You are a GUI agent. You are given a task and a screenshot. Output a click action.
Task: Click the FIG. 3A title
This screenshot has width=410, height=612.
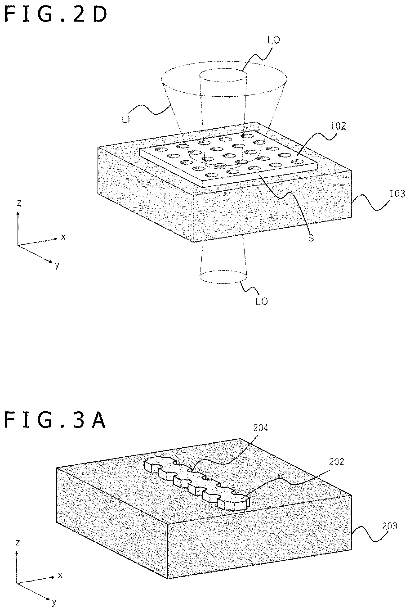coord(55,420)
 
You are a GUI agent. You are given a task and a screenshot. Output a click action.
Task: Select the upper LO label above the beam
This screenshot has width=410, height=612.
coord(274,40)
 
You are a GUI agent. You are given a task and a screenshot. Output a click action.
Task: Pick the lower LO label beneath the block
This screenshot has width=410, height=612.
coord(262,301)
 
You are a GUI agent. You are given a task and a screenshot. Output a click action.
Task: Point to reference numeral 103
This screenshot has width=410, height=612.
coord(397,194)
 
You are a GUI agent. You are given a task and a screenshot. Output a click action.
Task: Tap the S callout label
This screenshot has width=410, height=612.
coord(311,238)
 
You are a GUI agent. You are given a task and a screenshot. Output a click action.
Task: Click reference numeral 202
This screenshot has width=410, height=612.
coord(337,462)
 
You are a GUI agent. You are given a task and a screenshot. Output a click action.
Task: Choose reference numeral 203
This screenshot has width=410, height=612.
coord(390,526)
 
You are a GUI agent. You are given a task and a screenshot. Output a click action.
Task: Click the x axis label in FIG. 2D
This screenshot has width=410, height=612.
coord(63,237)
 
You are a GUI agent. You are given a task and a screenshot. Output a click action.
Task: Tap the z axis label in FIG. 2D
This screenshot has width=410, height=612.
coord(19,203)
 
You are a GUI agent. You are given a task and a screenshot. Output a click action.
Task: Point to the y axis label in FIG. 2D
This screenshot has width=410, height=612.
coord(57,265)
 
